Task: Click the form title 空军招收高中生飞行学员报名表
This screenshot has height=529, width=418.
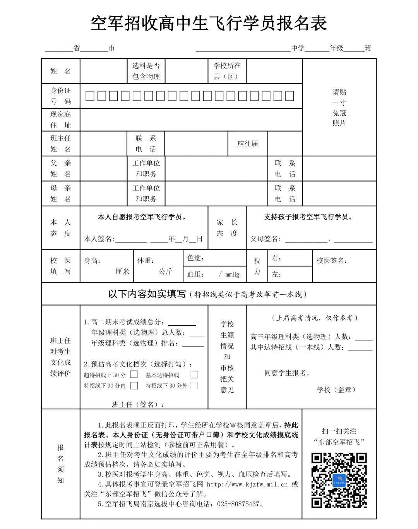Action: (209, 23)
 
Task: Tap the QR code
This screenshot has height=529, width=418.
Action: (339, 480)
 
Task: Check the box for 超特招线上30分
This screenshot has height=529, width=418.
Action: (134, 374)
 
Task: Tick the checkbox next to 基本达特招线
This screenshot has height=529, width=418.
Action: (194, 374)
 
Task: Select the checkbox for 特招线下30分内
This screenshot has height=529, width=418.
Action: (134, 385)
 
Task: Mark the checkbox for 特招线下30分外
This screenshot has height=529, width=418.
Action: (194, 385)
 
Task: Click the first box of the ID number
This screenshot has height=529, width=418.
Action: (90, 96)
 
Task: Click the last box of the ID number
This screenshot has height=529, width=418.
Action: (290, 96)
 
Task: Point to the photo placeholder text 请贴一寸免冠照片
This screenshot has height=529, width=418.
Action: (339, 108)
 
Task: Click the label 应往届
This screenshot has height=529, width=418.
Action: (247, 144)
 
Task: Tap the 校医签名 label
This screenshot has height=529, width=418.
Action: (332, 261)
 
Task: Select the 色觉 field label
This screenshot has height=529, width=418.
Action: (195, 258)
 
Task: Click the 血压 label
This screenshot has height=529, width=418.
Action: (196, 274)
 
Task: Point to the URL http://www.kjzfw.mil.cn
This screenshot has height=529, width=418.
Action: (247, 484)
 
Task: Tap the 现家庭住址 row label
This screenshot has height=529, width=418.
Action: (60, 120)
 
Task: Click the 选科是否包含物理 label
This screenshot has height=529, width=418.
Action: (146, 71)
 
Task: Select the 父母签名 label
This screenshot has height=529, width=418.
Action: (266, 239)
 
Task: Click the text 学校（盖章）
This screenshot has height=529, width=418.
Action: (336, 390)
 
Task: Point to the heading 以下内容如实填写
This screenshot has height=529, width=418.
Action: (147, 294)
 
